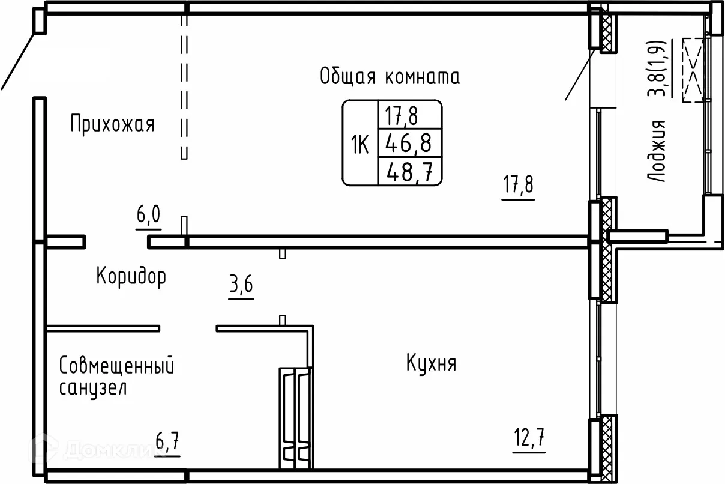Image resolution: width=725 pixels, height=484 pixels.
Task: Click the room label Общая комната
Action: point(390,77)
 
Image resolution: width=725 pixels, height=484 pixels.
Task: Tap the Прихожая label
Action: point(112,125)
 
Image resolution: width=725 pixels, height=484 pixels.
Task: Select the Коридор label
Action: point(131,277)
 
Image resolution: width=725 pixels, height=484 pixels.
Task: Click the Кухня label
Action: point(431,363)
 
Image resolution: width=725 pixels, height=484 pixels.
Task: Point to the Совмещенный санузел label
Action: point(117,377)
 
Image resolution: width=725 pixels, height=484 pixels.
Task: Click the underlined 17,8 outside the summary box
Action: point(518,186)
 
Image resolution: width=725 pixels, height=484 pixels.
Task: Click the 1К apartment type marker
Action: point(359,144)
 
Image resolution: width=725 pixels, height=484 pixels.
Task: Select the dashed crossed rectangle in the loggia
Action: point(693,70)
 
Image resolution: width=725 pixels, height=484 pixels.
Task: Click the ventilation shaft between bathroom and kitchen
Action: point(296,417)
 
